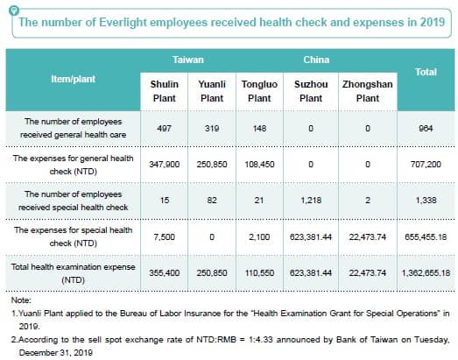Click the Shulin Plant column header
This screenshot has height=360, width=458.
click(164, 91)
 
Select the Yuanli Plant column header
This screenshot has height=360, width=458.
click(212, 91)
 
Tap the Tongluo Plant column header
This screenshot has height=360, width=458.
click(259, 91)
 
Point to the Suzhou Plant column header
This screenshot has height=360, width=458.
click(311, 91)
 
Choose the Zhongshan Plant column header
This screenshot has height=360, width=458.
click(368, 91)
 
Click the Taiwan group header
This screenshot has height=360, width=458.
click(187, 60)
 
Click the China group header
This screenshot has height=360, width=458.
click(316, 60)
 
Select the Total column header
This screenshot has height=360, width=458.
click(426, 72)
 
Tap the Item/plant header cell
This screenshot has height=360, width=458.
click(73, 79)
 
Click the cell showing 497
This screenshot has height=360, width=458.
click(164, 128)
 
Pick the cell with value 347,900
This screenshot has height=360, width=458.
click(165, 164)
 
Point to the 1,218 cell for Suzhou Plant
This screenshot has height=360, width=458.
click(311, 201)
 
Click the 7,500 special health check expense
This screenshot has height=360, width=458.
click(164, 236)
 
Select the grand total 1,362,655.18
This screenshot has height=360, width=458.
click(426, 273)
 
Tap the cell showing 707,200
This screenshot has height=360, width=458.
click(426, 164)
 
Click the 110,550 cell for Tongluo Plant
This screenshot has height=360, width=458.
click(259, 273)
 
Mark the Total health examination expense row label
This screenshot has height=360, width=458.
click(73, 273)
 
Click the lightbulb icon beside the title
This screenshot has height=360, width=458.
click(14, 11)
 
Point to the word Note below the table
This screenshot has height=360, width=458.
click(21, 300)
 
